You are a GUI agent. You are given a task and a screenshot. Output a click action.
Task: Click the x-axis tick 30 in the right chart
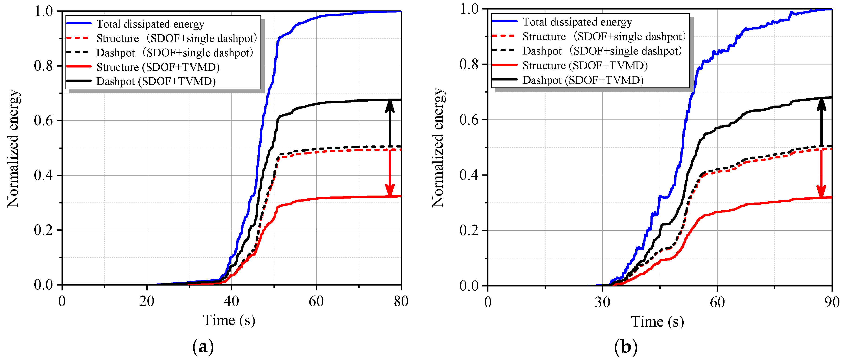602,302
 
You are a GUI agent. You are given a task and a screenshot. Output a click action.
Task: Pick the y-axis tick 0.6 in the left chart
43,121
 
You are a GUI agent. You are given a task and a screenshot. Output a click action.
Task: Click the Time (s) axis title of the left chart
229,320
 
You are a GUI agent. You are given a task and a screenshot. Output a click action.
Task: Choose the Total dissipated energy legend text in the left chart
150,24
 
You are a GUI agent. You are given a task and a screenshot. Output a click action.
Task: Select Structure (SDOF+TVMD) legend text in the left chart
158,67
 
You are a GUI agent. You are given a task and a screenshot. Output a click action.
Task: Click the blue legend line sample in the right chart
504,22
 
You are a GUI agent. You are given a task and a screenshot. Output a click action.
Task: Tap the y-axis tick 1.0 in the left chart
43,11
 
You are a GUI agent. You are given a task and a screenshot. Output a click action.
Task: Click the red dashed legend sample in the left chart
78,38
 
